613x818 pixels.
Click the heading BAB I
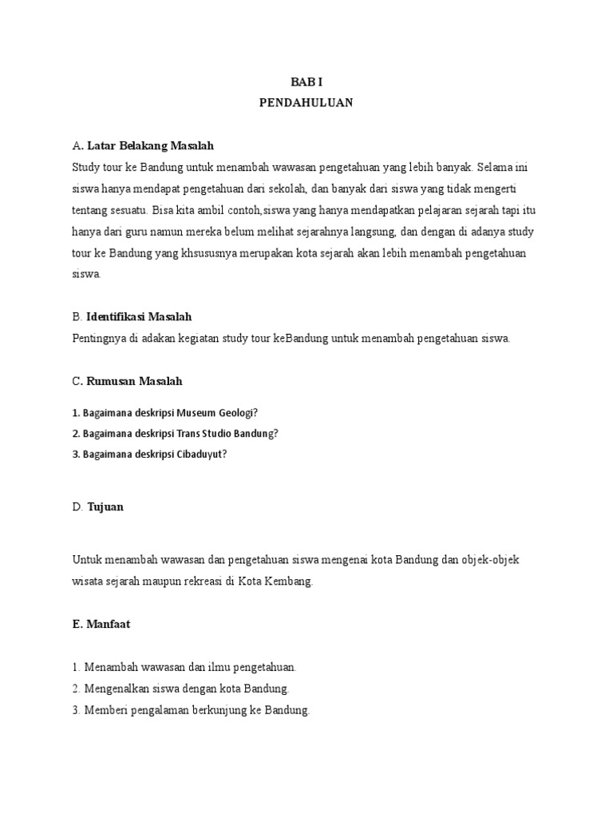point(306,83)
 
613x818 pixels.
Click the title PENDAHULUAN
point(306,103)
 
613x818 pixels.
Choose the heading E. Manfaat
point(101,624)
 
